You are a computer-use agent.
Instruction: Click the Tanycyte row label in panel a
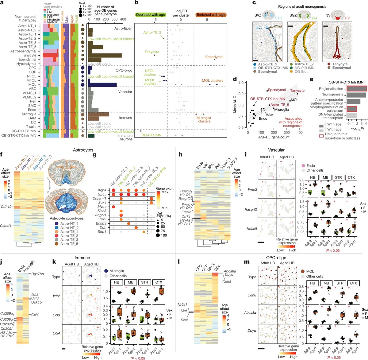[x=29, y=55]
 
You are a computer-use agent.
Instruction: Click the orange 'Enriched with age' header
[x=211, y=14]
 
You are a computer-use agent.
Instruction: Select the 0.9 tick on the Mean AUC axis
[x=243, y=94]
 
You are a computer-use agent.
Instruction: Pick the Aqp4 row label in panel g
[x=102, y=190]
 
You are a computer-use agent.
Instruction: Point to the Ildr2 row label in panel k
[x=56, y=296]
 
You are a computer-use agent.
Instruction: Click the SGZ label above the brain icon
[x=293, y=15]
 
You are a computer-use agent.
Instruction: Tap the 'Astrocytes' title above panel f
[x=82, y=150]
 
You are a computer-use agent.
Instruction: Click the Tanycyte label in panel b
[x=152, y=52]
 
